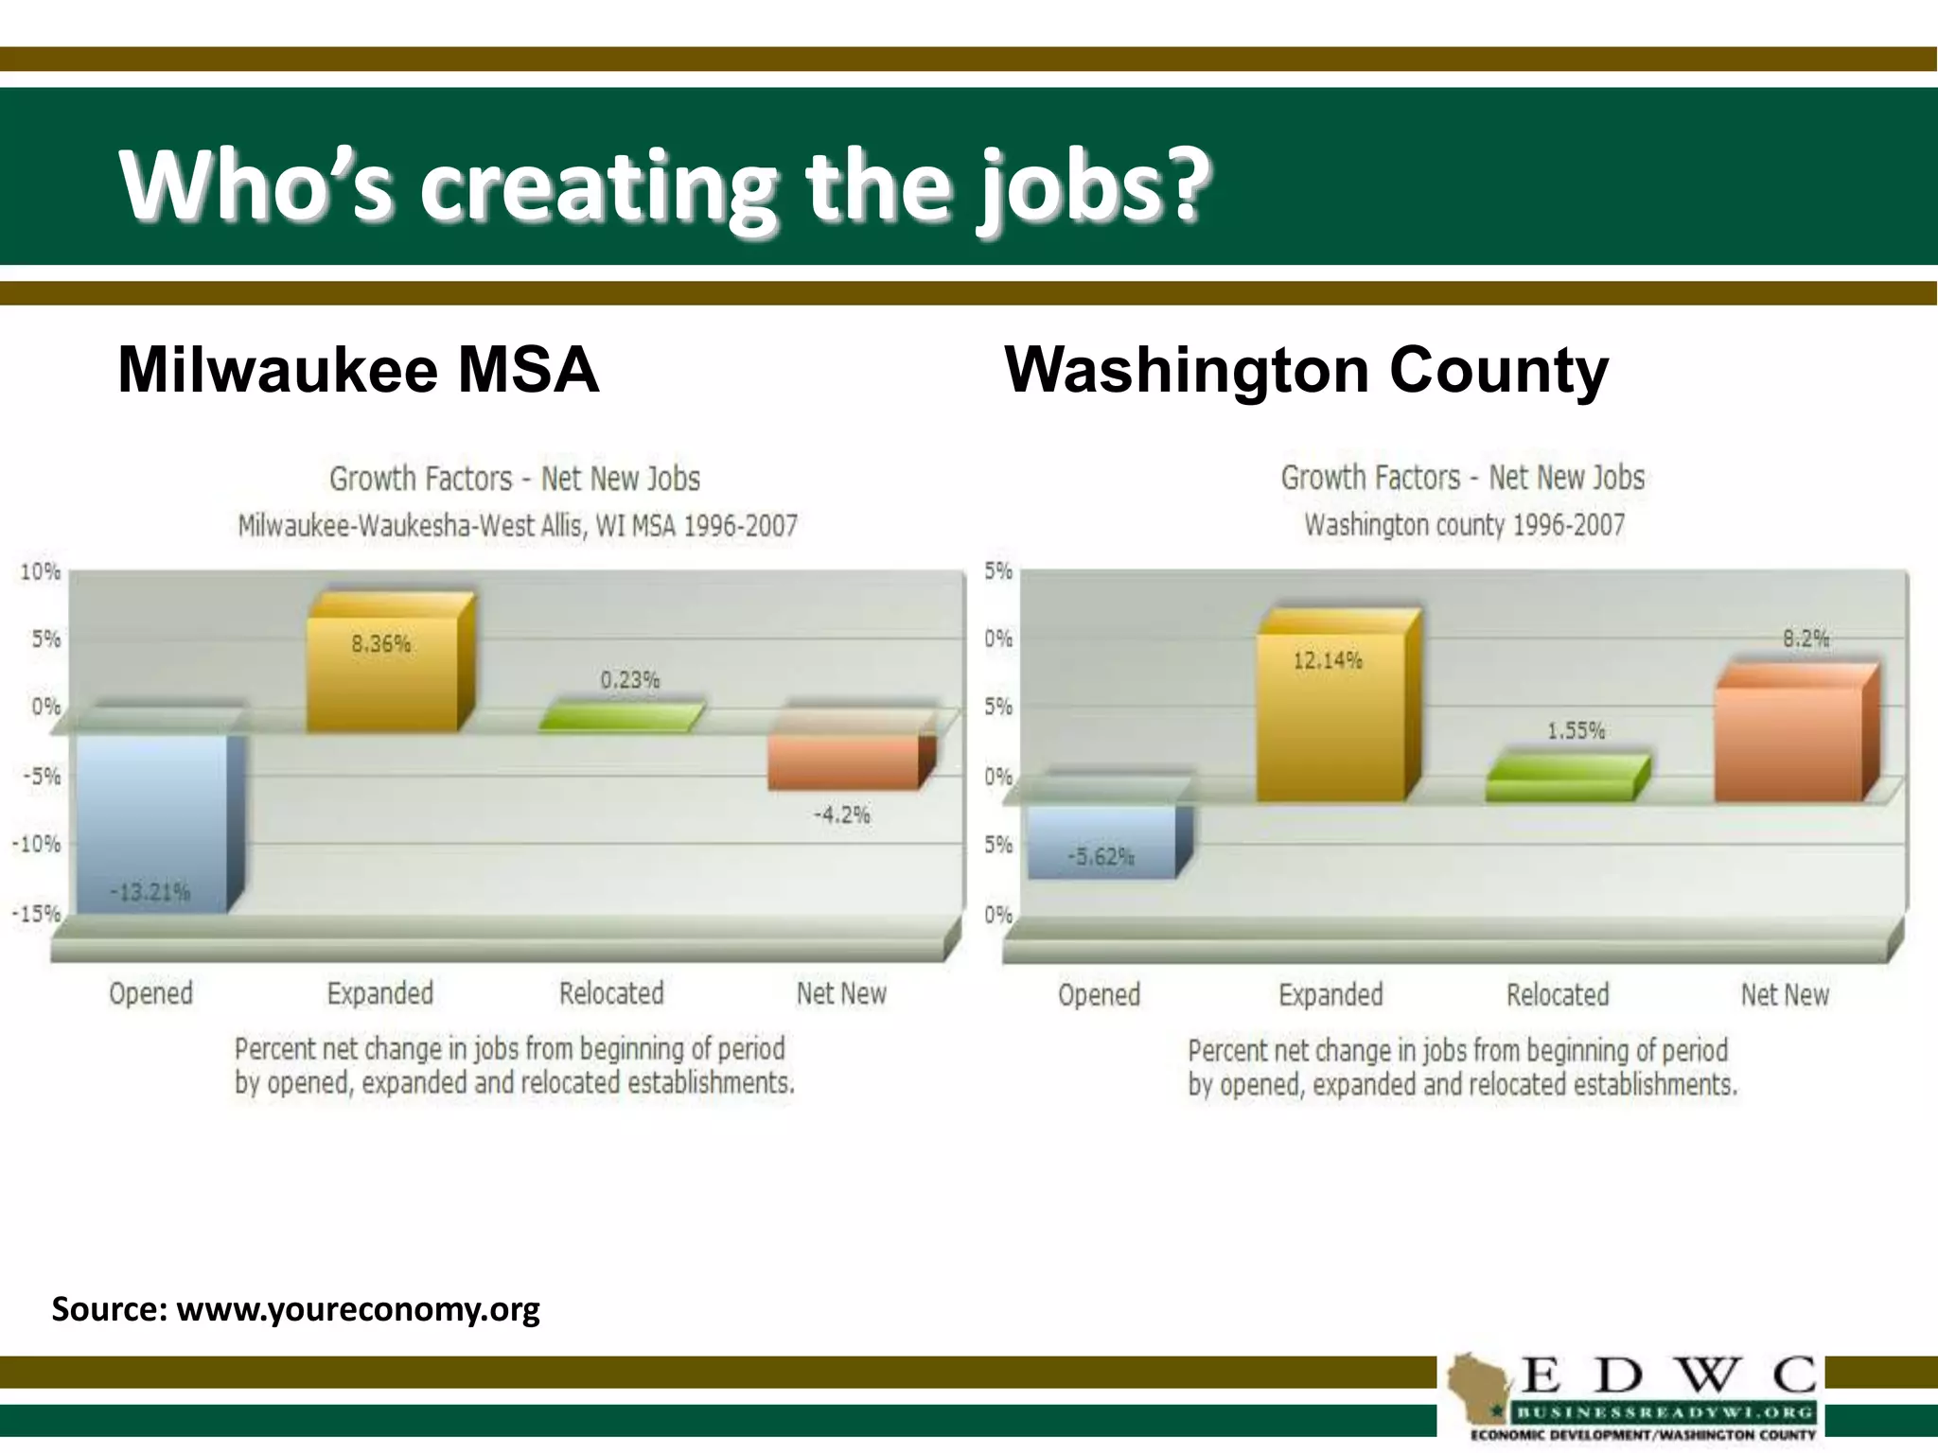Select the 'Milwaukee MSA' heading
[x=358, y=369]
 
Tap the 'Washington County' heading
[x=1306, y=369]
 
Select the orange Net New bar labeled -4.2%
[x=842, y=762]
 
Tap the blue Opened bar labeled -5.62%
[x=1101, y=842]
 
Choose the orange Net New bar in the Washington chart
[x=1788, y=744]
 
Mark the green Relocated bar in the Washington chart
[x=1561, y=779]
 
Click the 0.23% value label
[x=630, y=680]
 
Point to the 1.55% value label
[x=1576, y=730]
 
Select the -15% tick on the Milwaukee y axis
[x=36, y=914]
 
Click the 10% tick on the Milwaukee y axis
[x=40, y=571]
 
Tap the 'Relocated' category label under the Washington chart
[x=1558, y=994]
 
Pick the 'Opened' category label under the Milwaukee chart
[x=150, y=993]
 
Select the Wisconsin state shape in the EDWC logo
[x=1479, y=1387]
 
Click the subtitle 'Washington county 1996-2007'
[x=1464, y=525]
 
